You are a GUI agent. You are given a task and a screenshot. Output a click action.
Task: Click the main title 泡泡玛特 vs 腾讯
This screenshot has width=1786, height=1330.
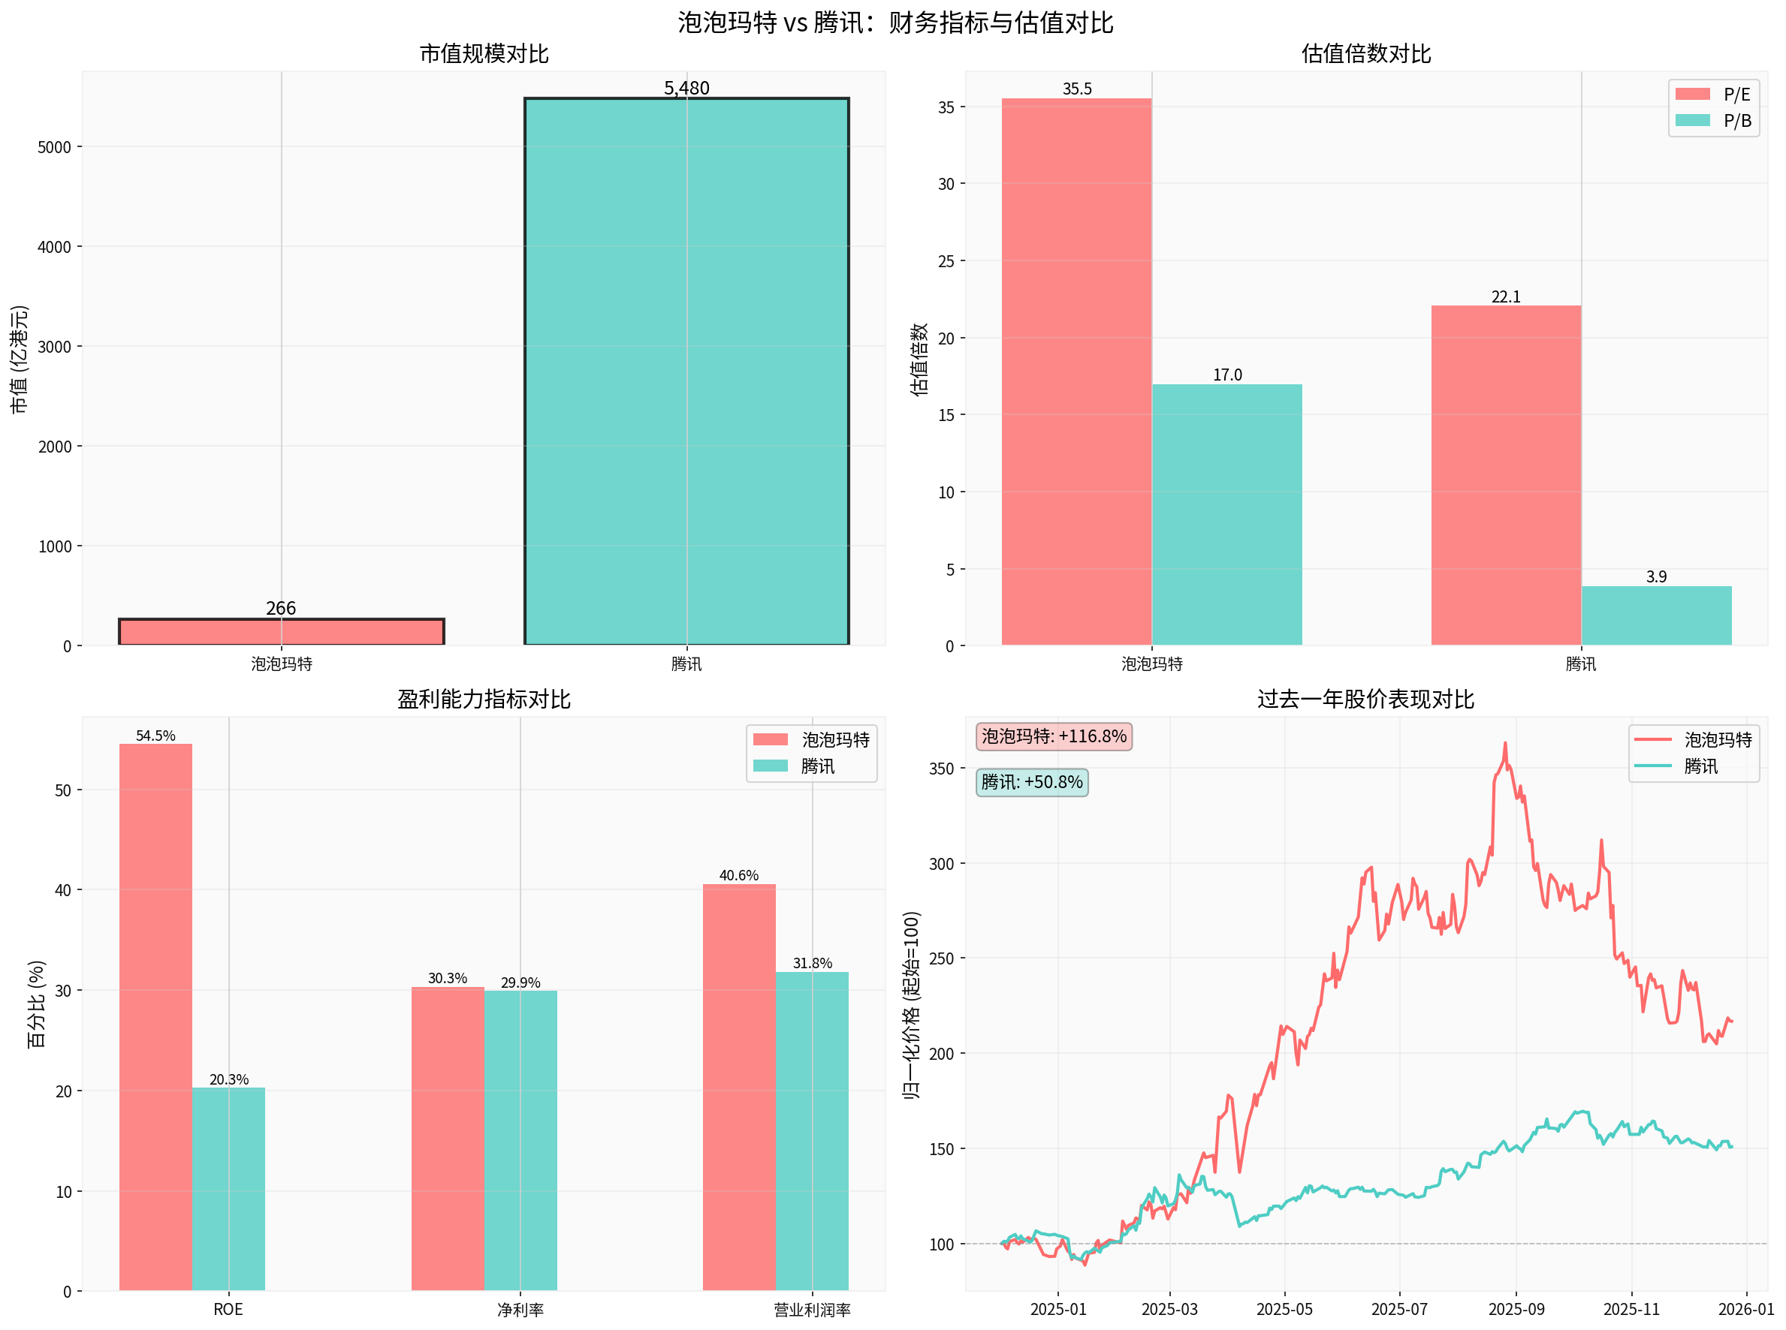[x=895, y=22]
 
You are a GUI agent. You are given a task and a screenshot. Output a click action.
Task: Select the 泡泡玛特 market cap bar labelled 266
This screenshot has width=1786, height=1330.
[x=281, y=631]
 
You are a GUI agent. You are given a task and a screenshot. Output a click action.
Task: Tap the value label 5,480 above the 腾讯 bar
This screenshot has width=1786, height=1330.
[x=686, y=88]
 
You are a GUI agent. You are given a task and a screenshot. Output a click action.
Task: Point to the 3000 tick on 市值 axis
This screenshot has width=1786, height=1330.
[x=55, y=347]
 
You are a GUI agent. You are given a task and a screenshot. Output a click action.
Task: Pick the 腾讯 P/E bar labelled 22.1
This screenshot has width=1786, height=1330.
[x=1505, y=475]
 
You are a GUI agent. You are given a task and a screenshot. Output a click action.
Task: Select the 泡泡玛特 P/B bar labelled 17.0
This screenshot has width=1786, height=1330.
[x=1226, y=515]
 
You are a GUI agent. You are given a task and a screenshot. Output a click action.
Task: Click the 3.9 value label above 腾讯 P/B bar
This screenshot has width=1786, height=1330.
[x=1655, y=576]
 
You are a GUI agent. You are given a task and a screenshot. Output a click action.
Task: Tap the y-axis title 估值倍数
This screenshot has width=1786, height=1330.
[x=919, y=359]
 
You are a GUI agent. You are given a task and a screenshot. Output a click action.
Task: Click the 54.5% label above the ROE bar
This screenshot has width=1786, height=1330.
[x=155, y=735]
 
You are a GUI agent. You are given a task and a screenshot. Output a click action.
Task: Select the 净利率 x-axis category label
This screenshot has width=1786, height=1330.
[x=520, y=1310]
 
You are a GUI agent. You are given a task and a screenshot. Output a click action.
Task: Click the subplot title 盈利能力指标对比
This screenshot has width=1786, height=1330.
[x=484, y=699]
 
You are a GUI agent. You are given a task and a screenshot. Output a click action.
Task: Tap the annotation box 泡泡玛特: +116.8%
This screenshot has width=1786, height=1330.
[x=1053, y=736]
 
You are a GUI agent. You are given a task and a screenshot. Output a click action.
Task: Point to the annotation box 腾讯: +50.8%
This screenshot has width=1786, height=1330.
[x=1031, y=782]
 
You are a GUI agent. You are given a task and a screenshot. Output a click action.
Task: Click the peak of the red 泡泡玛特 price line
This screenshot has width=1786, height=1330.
[x=1504, y=744]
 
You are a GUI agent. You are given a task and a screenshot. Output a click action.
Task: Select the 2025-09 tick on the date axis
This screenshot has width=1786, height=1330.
[x=1516, y=1309]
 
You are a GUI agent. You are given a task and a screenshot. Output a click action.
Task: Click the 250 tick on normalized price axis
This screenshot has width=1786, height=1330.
[x=941, y=958]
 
